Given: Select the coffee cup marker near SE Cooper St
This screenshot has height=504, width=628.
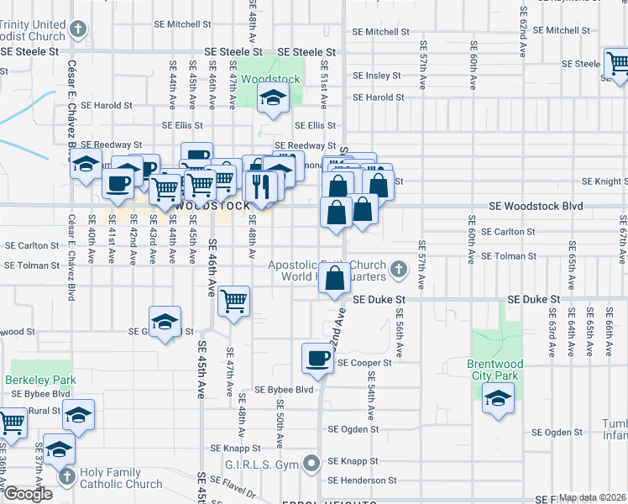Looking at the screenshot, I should tap(318, 359).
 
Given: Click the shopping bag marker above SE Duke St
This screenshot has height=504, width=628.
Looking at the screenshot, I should tap(334, 278).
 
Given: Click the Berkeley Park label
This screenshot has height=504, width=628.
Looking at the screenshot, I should tap(40, 380).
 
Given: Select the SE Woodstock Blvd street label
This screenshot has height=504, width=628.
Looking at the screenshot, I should tap(536, 207).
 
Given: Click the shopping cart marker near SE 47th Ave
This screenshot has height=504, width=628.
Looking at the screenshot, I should tap(233, 300).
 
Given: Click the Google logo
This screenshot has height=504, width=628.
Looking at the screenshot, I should tap(28, 494).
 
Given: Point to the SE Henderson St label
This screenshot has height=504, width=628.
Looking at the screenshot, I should tap(362, 480).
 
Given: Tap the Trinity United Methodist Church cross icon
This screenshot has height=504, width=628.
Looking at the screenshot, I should tap(78, 31).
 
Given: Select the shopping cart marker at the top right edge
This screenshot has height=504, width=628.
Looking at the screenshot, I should tap(616, 63).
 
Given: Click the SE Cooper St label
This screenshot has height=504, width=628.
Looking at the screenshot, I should tap(365, 363).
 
